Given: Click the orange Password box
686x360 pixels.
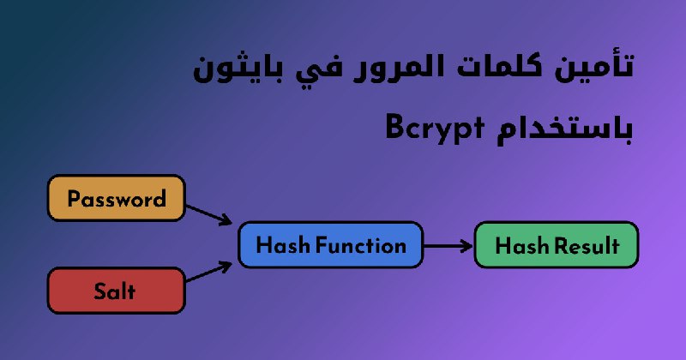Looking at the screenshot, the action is pyautogui.click(x=117, y=198).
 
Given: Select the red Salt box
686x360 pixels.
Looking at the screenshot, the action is pyautogui.click(x=117, y=291).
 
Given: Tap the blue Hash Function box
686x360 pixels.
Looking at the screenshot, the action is pyautogui.click(x=331, y=244).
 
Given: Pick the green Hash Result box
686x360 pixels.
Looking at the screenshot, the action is pyautogui.click(x=557, y=244).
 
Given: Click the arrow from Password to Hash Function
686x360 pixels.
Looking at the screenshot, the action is pyautogui.click(x=209, y=215).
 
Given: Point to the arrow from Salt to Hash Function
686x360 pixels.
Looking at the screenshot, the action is pyautogui.click(x=209, y=272).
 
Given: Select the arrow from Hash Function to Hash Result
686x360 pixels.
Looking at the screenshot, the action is pyautogui.click(x=448, y=246).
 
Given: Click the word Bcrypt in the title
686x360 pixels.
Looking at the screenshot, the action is pyautogui.click(x=436, y=129).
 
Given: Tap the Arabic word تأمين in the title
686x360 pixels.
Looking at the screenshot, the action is pyautogui.click(x=594, y=67).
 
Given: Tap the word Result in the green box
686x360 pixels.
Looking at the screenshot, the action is pyautogui.click(x=587, y=245).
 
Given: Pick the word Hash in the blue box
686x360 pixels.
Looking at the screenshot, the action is pyautogui.click(x=284, y=245).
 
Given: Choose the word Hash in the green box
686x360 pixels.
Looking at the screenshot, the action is pyautogui.click(x=522, y=245).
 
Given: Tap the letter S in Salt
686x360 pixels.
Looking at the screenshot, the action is pyautogui.click(x=100, y=291).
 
